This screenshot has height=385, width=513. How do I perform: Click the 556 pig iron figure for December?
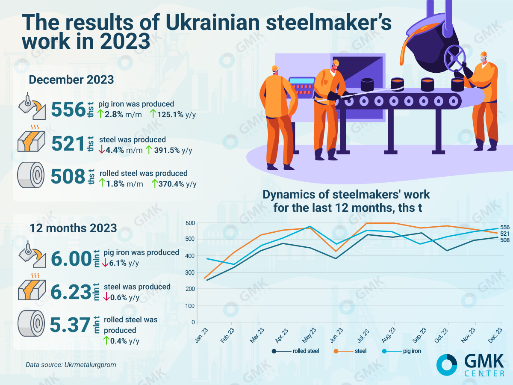click(68, 110)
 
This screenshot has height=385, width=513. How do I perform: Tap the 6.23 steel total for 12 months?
click(69, 292)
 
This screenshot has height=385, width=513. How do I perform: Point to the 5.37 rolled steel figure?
click(69, 325)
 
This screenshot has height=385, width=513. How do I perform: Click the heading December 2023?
click(71, 80)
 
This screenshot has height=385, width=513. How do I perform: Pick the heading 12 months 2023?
click(73, 228)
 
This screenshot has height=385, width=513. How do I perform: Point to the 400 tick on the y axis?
click(190, 256)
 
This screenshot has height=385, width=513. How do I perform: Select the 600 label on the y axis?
click(190, 223)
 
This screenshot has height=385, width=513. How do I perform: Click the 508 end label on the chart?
click(504, 240)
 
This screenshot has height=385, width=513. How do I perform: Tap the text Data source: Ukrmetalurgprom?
click(71, 365)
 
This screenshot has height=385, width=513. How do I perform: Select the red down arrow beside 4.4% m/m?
click(101, 150)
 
